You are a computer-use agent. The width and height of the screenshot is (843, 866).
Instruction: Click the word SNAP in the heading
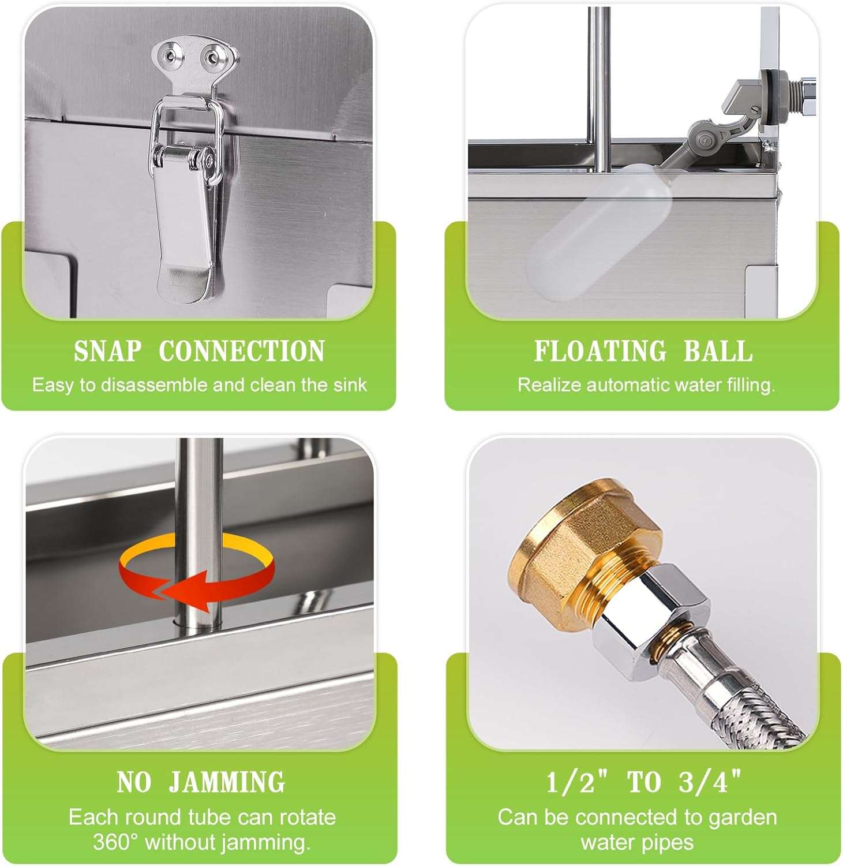(107, 351)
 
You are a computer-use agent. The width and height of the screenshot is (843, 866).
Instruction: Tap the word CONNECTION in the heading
(242, 351)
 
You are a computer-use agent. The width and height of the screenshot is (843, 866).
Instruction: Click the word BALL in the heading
(718, 351)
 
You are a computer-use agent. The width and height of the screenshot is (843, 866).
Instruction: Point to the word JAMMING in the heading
(227, 782)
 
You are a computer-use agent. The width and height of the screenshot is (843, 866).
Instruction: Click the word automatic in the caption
(630, 385)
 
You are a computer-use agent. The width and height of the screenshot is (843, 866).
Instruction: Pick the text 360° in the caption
(117, 842)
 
